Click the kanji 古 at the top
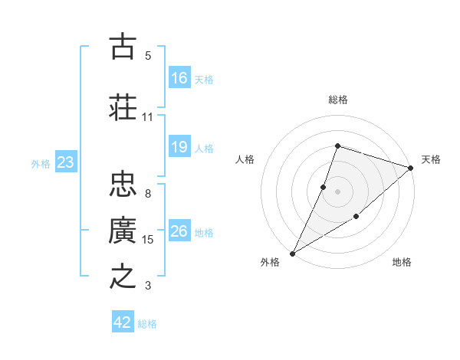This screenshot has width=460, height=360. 123,47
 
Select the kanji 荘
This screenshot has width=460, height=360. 123,106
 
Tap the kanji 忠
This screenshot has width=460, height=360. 123,184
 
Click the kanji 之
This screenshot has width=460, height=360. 123,275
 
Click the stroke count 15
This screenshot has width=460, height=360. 148,240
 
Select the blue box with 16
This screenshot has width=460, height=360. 179,78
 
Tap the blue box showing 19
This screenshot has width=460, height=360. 179,147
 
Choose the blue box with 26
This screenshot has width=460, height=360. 179,231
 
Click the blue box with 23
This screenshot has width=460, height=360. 65,162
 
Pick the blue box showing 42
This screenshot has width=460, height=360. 123,322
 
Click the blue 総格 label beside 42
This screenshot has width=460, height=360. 147,324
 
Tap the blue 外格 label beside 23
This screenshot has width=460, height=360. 41,163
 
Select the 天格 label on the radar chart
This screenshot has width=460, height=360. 431,159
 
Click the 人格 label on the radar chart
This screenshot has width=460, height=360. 245,159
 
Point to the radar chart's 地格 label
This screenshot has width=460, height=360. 402,262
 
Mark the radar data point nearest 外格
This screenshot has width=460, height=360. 292,253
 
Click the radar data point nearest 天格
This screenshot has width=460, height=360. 411,168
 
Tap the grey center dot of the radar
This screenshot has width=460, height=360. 337,191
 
